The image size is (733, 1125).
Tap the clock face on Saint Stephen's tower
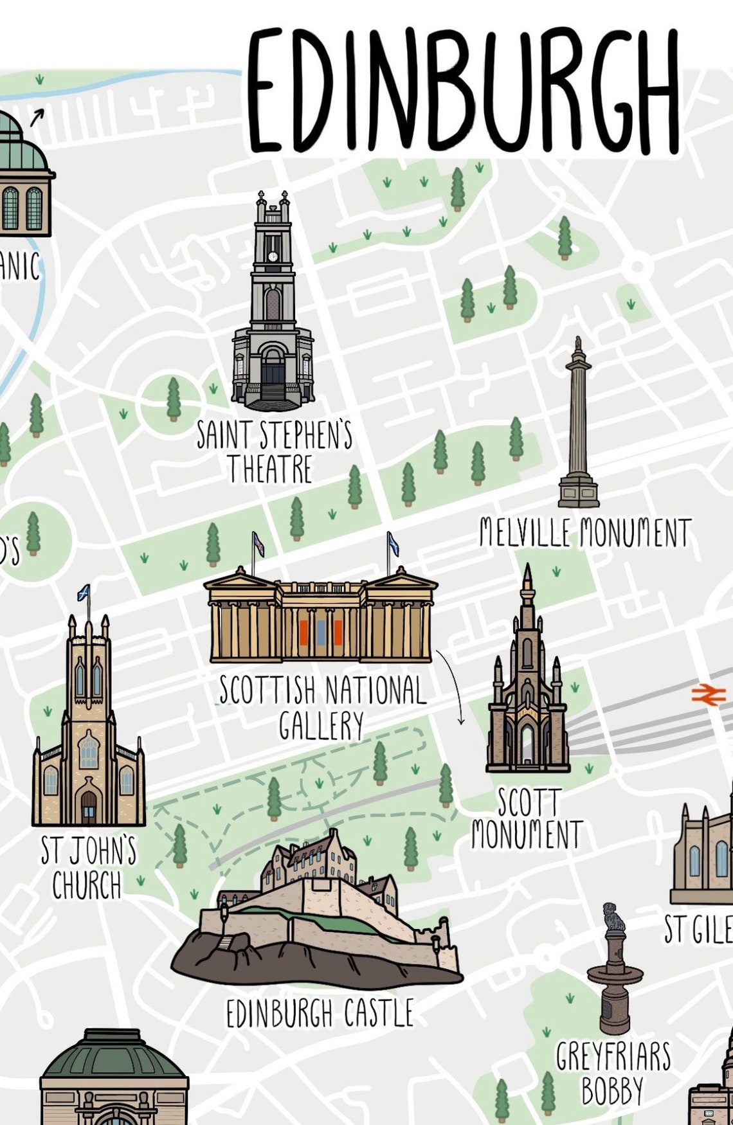tap(273, 256)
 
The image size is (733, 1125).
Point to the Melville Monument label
tap(585, 534)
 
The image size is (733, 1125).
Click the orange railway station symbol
tap(708, 694)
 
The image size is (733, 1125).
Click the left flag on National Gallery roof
tap(258, 544)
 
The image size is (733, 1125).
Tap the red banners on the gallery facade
tap(320, 633)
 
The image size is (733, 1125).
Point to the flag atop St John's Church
tap(84, 593)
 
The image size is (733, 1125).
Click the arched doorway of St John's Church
tap(89, 807)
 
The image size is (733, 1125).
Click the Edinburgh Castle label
tap(320, 1014)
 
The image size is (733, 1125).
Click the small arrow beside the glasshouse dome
tap(37, 118)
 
